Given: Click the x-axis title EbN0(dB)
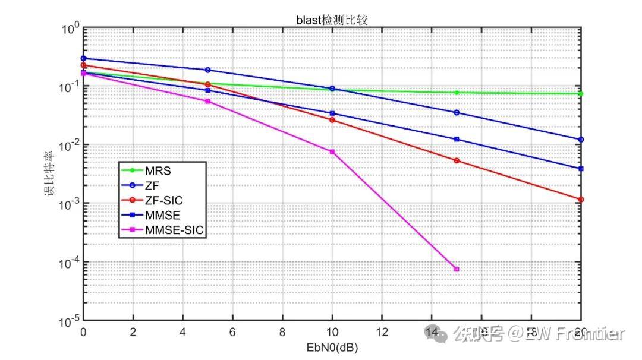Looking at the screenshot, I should click(x=332, y=346).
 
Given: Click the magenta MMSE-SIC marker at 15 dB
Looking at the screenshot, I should click(x=457, y=269).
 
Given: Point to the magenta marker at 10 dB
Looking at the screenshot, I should click(x=332, y=152).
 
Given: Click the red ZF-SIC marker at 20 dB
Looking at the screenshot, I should click(x=581, y=200).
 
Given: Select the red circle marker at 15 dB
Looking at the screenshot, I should click(x=457, y=160).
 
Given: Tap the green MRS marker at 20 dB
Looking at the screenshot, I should click(x=581, y=94).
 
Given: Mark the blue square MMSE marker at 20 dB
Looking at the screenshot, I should click(x=581, y=169).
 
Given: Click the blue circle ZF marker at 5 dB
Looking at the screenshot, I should click(x=207, y=70).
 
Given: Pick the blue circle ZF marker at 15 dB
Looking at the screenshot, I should click(x=457, y=112).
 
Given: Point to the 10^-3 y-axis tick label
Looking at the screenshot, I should click(x=70, y=204).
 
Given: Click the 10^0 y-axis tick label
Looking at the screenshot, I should click(x=70, y=29).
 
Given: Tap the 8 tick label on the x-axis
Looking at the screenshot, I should click(x=282, y=331).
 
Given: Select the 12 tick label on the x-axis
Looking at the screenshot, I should click(x=382, y=331).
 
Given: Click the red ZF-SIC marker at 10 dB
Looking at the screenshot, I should click(x=332, y=120).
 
